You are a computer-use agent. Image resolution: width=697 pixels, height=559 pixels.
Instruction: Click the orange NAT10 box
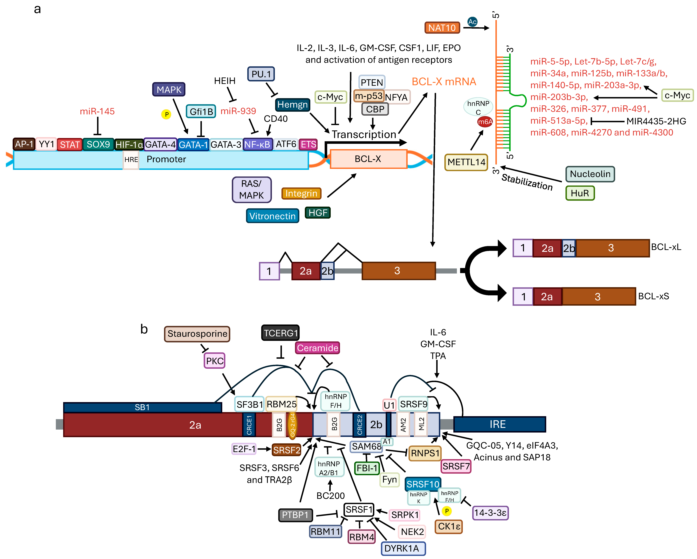click(442, 28)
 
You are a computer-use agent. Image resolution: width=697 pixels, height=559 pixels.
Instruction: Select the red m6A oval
click(485, 122)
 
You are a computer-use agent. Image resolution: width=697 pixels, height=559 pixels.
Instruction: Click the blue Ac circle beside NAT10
click(472, 22)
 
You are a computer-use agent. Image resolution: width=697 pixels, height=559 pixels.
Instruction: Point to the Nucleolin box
click(590, 174)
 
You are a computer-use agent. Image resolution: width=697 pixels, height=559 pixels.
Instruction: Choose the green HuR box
click(580, 193)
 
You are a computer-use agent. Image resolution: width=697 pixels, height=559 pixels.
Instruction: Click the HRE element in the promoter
click(131, 160)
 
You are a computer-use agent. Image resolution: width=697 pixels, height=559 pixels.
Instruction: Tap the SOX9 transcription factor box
click(98, 144)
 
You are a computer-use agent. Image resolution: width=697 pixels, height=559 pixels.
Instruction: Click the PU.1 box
click(261, 74)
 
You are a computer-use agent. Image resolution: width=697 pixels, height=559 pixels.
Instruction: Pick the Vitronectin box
click(272, 216)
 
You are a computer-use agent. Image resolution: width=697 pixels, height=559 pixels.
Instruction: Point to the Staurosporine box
click(197, 334)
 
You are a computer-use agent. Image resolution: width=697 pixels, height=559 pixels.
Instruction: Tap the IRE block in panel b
click(500, 424)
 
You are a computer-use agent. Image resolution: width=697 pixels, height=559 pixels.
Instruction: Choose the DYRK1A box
click(403, 548)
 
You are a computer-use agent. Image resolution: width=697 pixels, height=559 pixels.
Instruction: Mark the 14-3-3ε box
click(490, 513)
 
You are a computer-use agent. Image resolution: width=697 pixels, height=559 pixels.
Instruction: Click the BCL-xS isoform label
click(653, 296)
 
